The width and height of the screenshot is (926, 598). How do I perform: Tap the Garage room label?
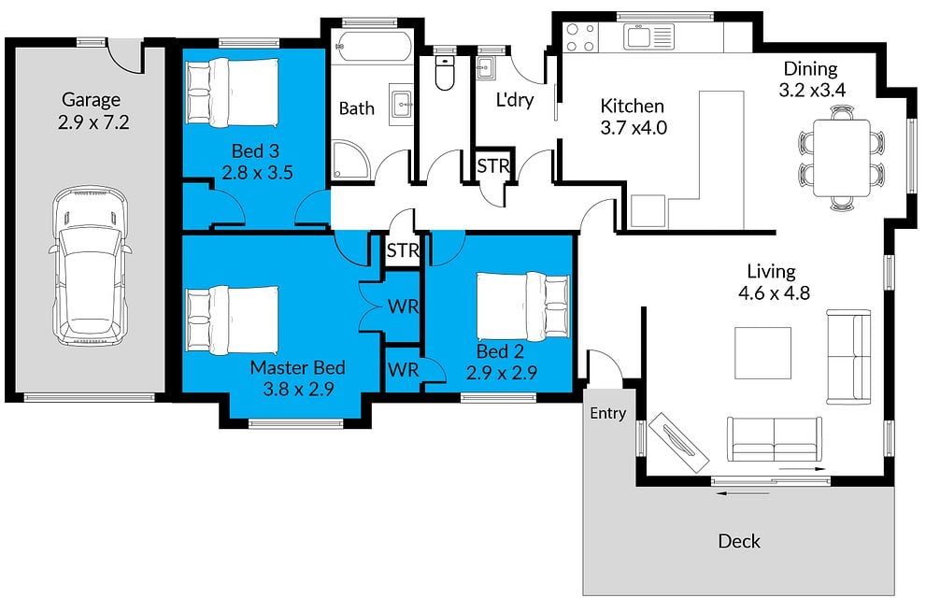coord(92,100)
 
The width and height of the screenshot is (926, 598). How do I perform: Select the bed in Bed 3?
coord(232,93)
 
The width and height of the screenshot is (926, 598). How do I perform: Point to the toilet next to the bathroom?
coord(444,73)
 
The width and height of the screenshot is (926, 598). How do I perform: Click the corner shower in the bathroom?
coord(350,159)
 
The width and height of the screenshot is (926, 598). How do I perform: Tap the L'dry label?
coord(514,100)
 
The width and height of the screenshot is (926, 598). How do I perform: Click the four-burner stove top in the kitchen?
coord(580,36)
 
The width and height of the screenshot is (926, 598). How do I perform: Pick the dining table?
coord(842,158)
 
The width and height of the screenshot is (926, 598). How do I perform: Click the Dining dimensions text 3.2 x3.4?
coord(812,91)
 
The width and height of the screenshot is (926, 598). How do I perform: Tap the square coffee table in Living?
coord(763,353)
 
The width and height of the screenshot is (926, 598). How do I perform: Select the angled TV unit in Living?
coord(678,442)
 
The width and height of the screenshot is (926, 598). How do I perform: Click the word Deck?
coord(739,541)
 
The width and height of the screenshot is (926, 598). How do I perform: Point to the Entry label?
coord(607,413)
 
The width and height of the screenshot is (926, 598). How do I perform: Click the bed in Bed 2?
coord(522,306)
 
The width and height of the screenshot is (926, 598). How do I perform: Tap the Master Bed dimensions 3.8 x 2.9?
coord(298,389)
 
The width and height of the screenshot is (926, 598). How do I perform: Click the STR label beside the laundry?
coord(492,166)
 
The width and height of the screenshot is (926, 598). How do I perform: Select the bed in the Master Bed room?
coord(232,320)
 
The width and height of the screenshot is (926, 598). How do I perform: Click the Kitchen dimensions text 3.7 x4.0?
coord(634,127)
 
